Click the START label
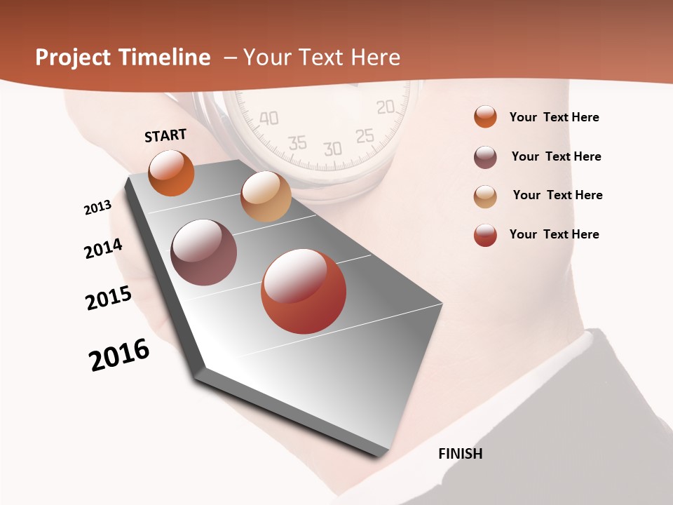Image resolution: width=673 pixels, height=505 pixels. (165, 135)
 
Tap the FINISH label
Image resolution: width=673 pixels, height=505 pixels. (461, 454)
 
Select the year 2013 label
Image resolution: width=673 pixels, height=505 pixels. (97, 208)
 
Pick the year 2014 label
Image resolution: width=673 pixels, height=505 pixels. (104, 249)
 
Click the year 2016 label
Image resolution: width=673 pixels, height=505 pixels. (119, 355)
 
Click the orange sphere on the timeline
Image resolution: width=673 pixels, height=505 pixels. (171, 173)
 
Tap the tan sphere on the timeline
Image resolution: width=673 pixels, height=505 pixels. (266, 196)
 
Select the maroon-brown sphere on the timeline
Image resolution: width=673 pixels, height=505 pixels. (204, 252)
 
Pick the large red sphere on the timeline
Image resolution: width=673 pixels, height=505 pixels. (304, 291)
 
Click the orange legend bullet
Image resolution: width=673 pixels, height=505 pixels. (485, 117)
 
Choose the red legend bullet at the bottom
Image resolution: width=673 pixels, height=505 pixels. (485, 235)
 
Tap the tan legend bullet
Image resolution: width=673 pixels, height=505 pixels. (485, 196)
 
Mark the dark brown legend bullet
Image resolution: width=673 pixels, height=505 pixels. (485, 157)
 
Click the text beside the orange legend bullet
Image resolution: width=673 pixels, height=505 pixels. (554, 117)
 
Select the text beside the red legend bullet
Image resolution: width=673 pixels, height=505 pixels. (554, 234)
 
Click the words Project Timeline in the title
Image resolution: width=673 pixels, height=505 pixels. (123, 58)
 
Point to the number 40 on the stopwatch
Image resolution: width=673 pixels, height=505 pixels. (268, 118)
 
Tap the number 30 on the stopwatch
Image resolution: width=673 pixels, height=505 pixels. (332, 149)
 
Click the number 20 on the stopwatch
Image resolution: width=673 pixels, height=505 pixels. (386, 107)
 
